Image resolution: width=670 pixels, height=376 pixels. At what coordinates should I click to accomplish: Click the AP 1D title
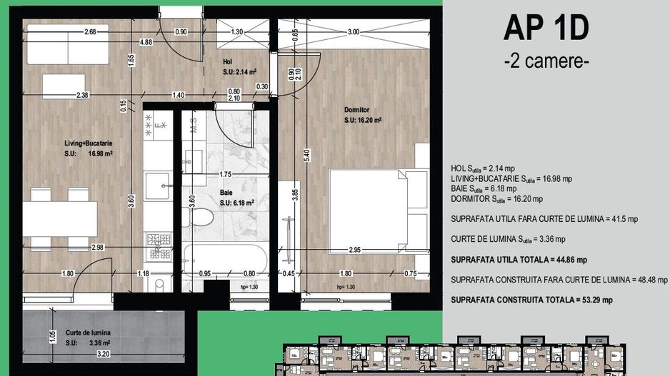546,29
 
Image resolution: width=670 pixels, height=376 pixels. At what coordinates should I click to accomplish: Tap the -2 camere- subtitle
546,61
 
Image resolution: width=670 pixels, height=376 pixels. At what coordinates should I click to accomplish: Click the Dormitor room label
356,110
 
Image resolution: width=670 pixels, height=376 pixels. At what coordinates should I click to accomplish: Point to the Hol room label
228,61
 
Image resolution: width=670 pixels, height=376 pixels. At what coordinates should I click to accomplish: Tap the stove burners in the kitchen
159,245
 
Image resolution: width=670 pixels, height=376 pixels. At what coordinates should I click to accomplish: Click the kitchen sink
158,188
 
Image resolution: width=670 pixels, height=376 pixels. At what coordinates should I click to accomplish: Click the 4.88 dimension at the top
145,42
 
